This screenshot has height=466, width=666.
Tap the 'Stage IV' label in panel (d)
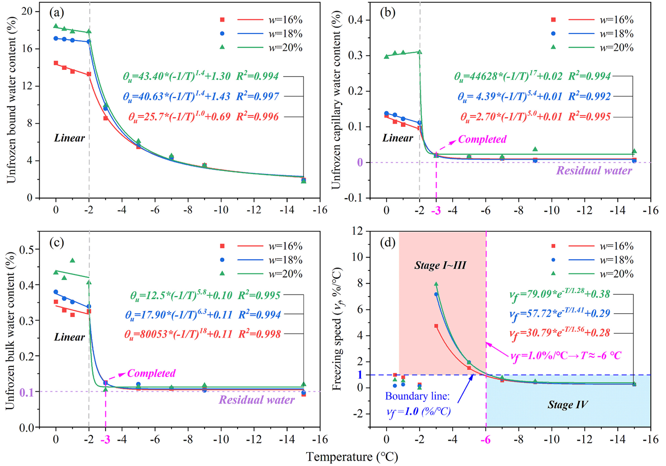pos(567,405)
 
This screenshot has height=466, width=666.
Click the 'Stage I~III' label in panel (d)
pos(440,265)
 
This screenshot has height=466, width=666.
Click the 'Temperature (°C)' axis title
pos(352,457)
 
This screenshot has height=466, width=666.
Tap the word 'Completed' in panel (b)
pos(482,139)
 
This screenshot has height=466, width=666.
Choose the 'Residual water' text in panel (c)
pos(257,400)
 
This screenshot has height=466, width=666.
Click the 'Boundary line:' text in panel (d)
pos(417,397)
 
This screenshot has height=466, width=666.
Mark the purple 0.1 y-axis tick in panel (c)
pos(27,392)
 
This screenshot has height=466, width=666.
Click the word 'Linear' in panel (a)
pos(69,138)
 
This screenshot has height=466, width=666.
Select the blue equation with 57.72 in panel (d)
pos(560,314)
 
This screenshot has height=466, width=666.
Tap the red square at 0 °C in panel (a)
pos(56,63)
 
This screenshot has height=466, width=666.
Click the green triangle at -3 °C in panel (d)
pos(436,284)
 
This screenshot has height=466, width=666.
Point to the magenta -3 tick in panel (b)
pos(436,210)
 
